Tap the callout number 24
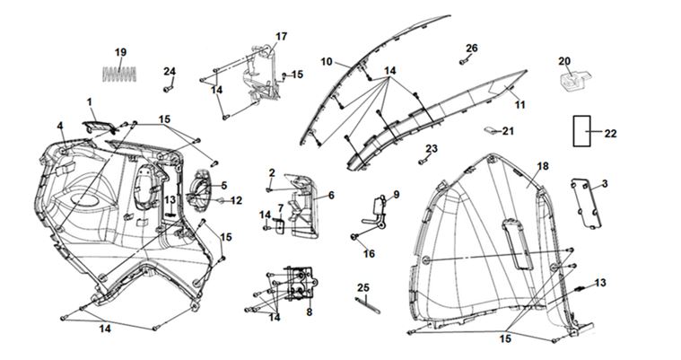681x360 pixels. coord(170,71)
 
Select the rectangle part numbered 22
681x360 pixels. coord(587,131)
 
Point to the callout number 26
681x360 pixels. coord(472,48)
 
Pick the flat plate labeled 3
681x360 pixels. coord(586,204)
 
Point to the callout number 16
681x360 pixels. coord(368,254)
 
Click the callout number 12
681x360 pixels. coord(236,200)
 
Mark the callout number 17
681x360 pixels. coord(281,36)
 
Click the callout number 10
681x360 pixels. coord(327,62)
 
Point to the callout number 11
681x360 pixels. coord(519,105)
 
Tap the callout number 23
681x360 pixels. coord(432,148)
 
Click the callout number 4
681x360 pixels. coord(60,126)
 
